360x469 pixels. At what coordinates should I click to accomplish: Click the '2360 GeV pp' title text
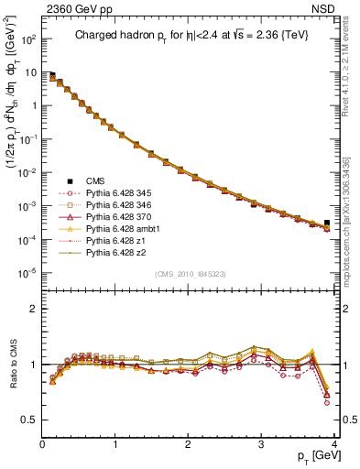coord(74,11)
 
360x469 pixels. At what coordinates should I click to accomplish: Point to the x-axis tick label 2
coord(189,443)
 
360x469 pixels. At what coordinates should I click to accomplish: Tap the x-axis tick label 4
coord(334,443)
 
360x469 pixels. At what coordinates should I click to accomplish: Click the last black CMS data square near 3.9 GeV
coord(327,223)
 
